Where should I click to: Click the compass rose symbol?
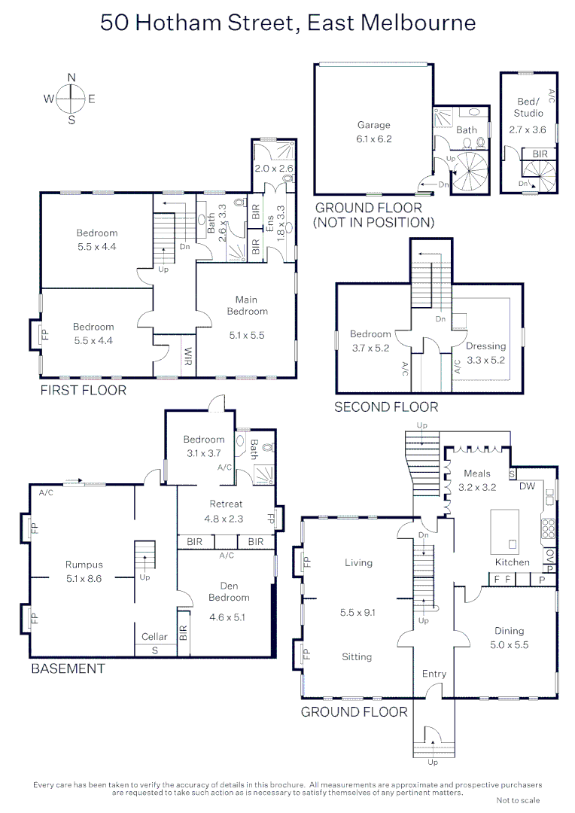coord(71,98)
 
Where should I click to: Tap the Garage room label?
coord(373,125)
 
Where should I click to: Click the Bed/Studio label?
coord(528,107)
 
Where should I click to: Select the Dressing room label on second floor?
coord(485,346)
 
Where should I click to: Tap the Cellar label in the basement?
coord(155,637)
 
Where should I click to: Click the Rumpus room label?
coord(84,565)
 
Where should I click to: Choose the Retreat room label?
coord(226,504)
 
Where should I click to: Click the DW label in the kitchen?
coord(527,486)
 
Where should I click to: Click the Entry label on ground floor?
coord(434,674)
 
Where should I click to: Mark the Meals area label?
coord(477,473)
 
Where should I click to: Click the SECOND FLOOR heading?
coord(386,407)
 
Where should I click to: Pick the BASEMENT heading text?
coord(68,668)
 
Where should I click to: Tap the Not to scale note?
coord(518,800)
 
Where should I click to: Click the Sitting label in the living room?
coord(357,656)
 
